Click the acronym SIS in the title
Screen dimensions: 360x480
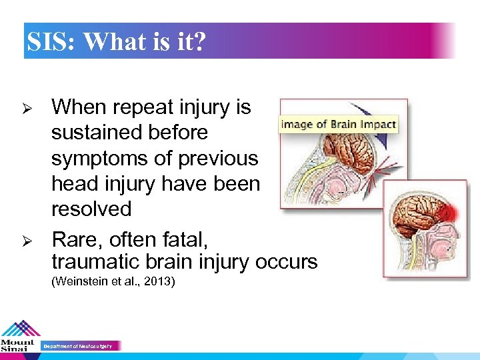point(49,43)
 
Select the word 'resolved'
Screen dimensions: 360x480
point(91,209)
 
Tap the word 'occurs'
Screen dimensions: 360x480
point(286,262)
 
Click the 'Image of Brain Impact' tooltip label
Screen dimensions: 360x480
point(339,124)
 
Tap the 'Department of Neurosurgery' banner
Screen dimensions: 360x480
point(80,346)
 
